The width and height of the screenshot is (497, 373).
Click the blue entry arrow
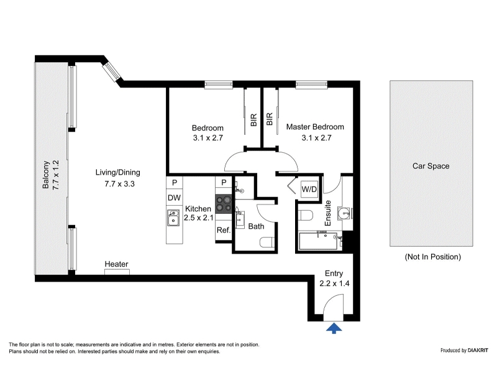(x=334, y=328)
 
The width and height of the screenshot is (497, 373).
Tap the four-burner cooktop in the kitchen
(x=224, y=204)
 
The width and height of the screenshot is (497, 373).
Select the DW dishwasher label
(x=175, y=198)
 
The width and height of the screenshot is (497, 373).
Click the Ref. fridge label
(x=224, y=230)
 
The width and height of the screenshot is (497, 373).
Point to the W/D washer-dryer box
(x=309, y=190)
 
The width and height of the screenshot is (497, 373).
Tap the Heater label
(x=116, y=264)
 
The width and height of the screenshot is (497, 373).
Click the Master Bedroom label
(x=315, y=127)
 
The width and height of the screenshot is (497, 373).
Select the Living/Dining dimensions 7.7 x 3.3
(x=119, y=183)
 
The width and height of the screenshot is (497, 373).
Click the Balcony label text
(x=46, y=175)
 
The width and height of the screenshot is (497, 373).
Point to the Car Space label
(x=431, y=166)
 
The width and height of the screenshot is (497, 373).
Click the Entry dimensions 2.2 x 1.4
(x=334, y=283)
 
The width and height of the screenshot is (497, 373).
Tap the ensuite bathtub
(x=318, y=241)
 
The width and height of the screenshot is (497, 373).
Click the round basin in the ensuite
(x=344, y=213)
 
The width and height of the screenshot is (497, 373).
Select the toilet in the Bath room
(x=267, y=243)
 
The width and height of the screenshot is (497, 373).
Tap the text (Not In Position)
(x=432, y=257)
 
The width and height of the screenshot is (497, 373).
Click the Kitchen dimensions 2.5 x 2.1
(x=199, y=218)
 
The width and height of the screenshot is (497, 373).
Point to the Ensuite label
(x=328, y=213)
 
